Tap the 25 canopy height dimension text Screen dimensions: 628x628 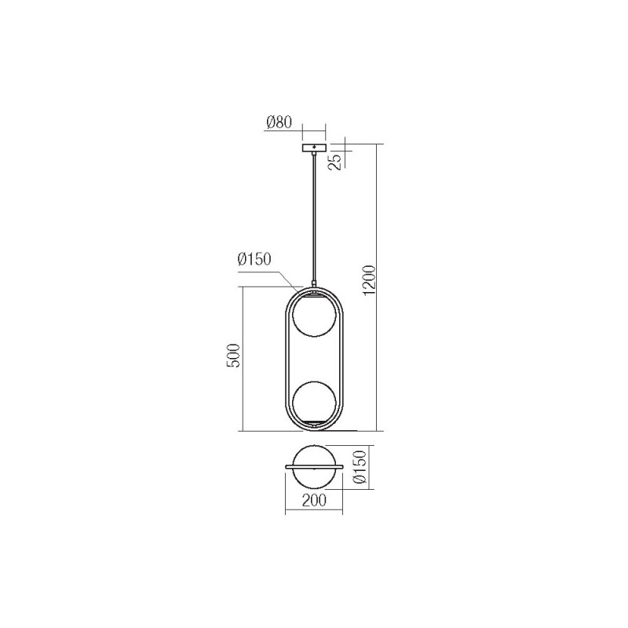334,161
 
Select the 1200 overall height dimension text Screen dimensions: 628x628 370,279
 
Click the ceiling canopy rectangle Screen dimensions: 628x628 314,148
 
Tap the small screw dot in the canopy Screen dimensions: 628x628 314,147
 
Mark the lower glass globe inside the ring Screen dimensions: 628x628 314,400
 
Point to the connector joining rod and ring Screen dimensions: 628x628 314,285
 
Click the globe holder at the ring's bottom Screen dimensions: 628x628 314,425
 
